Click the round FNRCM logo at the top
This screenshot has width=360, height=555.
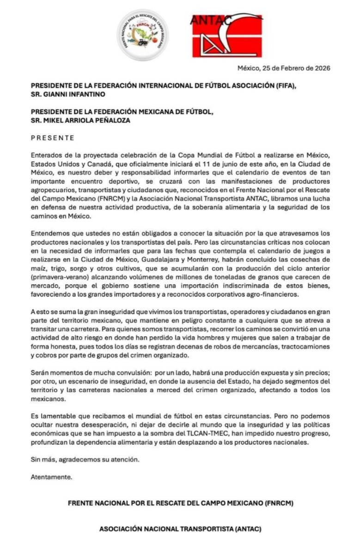coord(142,36)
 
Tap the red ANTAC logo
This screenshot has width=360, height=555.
coord(227,36)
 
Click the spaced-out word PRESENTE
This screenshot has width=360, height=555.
coord(52,138)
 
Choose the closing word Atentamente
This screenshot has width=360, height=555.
coord(51,477)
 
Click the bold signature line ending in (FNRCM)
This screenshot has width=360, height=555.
coord(181,503)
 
